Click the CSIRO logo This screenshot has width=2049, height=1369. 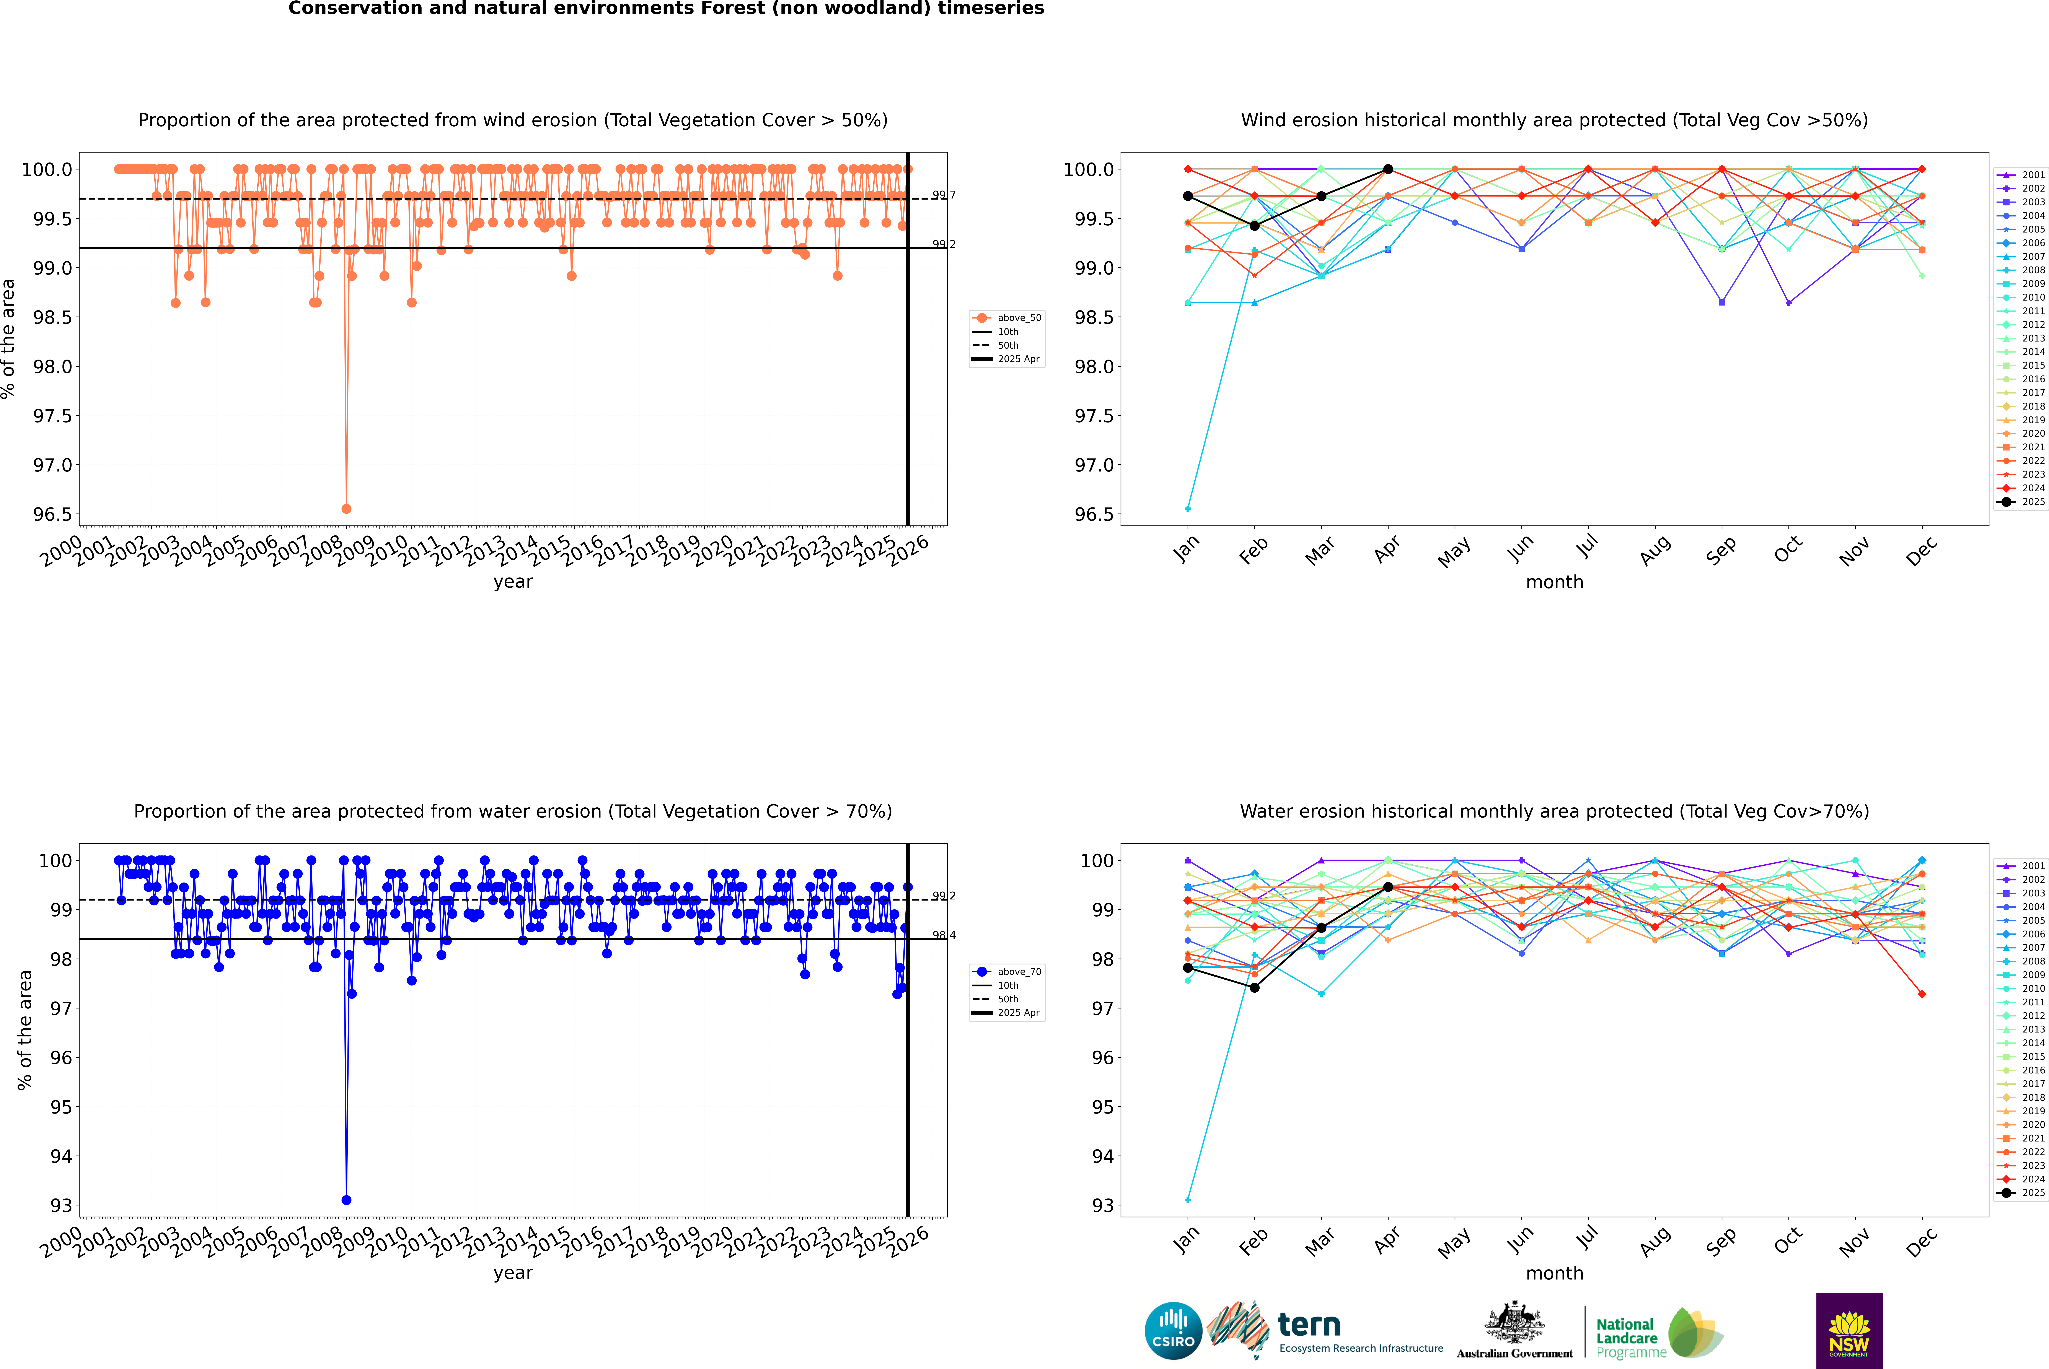(x=1173, y=1331)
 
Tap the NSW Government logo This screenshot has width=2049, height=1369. (x=1849, y=1331)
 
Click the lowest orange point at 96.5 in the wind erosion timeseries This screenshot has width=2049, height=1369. (x=347, y=508)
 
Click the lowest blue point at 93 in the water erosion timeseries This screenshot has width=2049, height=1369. (x=347, y=1200)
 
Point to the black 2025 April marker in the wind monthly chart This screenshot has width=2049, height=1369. (x=1388, y=169)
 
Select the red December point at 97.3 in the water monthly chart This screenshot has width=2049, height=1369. (x=1922, y=993)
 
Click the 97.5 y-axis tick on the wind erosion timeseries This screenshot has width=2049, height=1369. (x=52, y=416)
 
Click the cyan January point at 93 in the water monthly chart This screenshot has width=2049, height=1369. (x=1188, y=1200)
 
